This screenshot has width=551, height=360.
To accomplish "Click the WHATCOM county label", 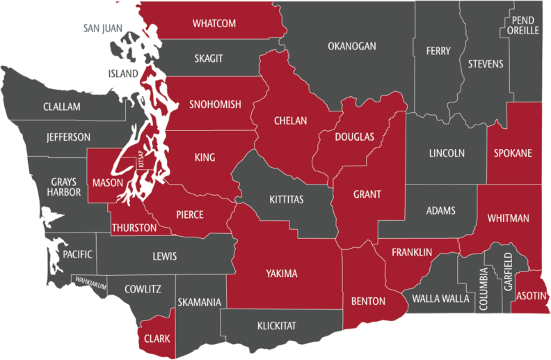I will (214, 24).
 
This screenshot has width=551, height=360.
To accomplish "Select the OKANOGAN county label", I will (352, 47).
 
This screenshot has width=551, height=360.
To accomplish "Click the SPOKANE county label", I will (513, 152).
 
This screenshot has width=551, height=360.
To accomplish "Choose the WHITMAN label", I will (508, 218).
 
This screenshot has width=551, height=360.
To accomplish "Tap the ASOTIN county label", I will (532, 295).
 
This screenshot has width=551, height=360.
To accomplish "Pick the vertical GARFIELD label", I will (508, 271).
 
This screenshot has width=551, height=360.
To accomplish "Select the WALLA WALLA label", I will (441, 299).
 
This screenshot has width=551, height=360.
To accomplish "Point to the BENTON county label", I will (369, 302).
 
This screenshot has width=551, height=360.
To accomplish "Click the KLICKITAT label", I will (277, 325).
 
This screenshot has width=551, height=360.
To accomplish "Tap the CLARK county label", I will (157, 338).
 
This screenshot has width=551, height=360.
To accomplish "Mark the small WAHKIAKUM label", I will (92, 281).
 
